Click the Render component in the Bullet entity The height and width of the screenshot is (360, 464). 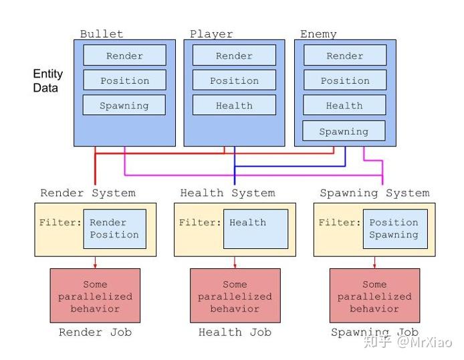point(124,56)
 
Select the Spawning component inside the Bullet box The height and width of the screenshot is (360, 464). point(124,106)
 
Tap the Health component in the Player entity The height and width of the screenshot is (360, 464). point(234,106)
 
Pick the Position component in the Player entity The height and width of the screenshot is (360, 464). point(234,81)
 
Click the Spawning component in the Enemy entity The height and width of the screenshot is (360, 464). point(344,131)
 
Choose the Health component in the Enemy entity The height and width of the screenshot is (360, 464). point(344,106)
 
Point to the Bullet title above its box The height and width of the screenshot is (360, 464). point(102,34)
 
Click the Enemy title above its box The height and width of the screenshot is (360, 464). point(318,34)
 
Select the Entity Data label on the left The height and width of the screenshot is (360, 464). point(48,81)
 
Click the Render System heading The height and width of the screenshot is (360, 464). point(88,193)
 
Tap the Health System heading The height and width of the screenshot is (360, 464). point(227,193)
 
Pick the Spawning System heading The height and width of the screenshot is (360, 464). point(374,193)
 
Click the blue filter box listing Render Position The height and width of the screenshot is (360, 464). point(114,229)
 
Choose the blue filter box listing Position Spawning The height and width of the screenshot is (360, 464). point(394,229)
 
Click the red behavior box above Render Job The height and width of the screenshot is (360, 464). point(95,296)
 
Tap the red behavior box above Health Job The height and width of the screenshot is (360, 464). point(235,296)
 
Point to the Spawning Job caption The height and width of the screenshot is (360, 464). point(374,333)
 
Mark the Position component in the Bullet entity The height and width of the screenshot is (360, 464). point(124,81)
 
